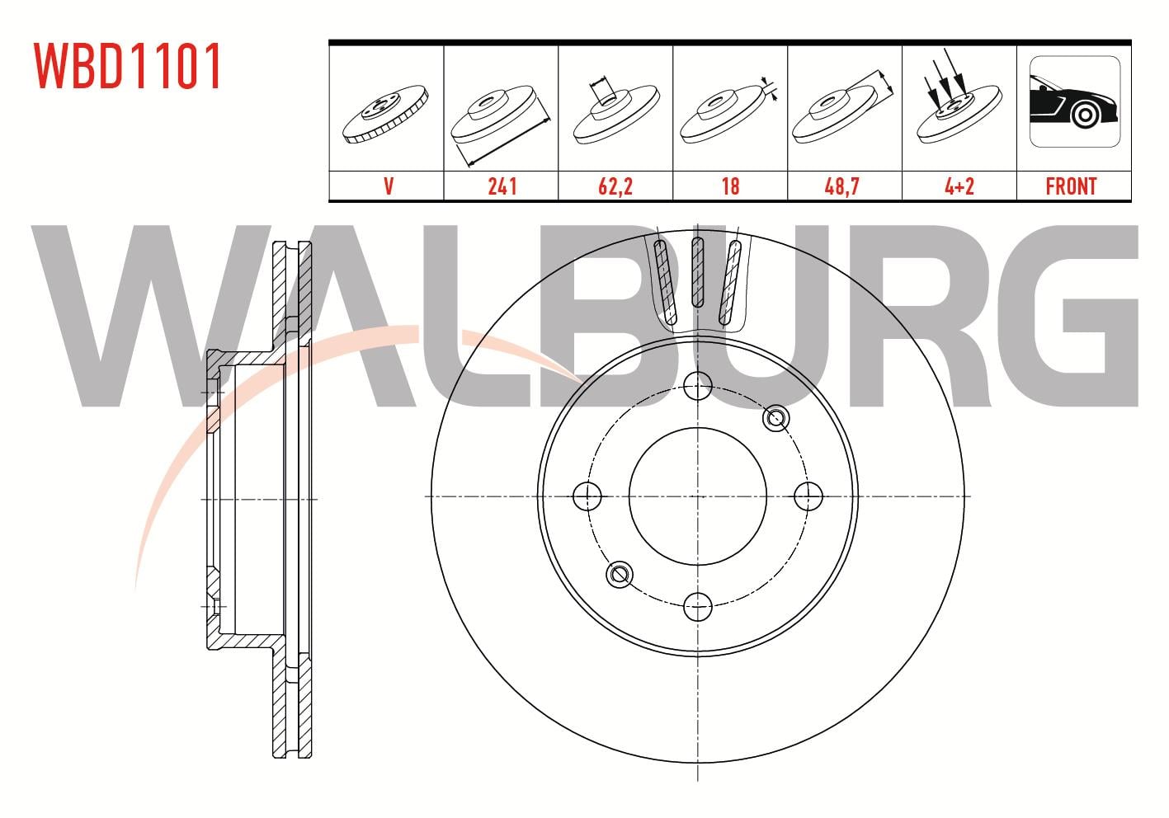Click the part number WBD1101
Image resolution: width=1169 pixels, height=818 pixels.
click(x=127, y=66)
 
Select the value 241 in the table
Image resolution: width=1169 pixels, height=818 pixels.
click(x=502, y=186)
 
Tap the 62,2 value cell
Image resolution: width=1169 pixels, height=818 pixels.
click(x=615, y=186)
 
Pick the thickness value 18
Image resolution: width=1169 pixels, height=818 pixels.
click(x=730, y=186)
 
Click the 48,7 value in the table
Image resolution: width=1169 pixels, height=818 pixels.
click(x=841, y=186)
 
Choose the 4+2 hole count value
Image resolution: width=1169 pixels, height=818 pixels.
click(x=959, y=186)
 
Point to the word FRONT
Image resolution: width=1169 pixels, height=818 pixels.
click(x=1071, y=186)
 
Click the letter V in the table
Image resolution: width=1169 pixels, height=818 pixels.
click(x=389, y=186)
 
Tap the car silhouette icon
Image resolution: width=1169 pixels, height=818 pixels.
click(x=1075, y=102)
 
